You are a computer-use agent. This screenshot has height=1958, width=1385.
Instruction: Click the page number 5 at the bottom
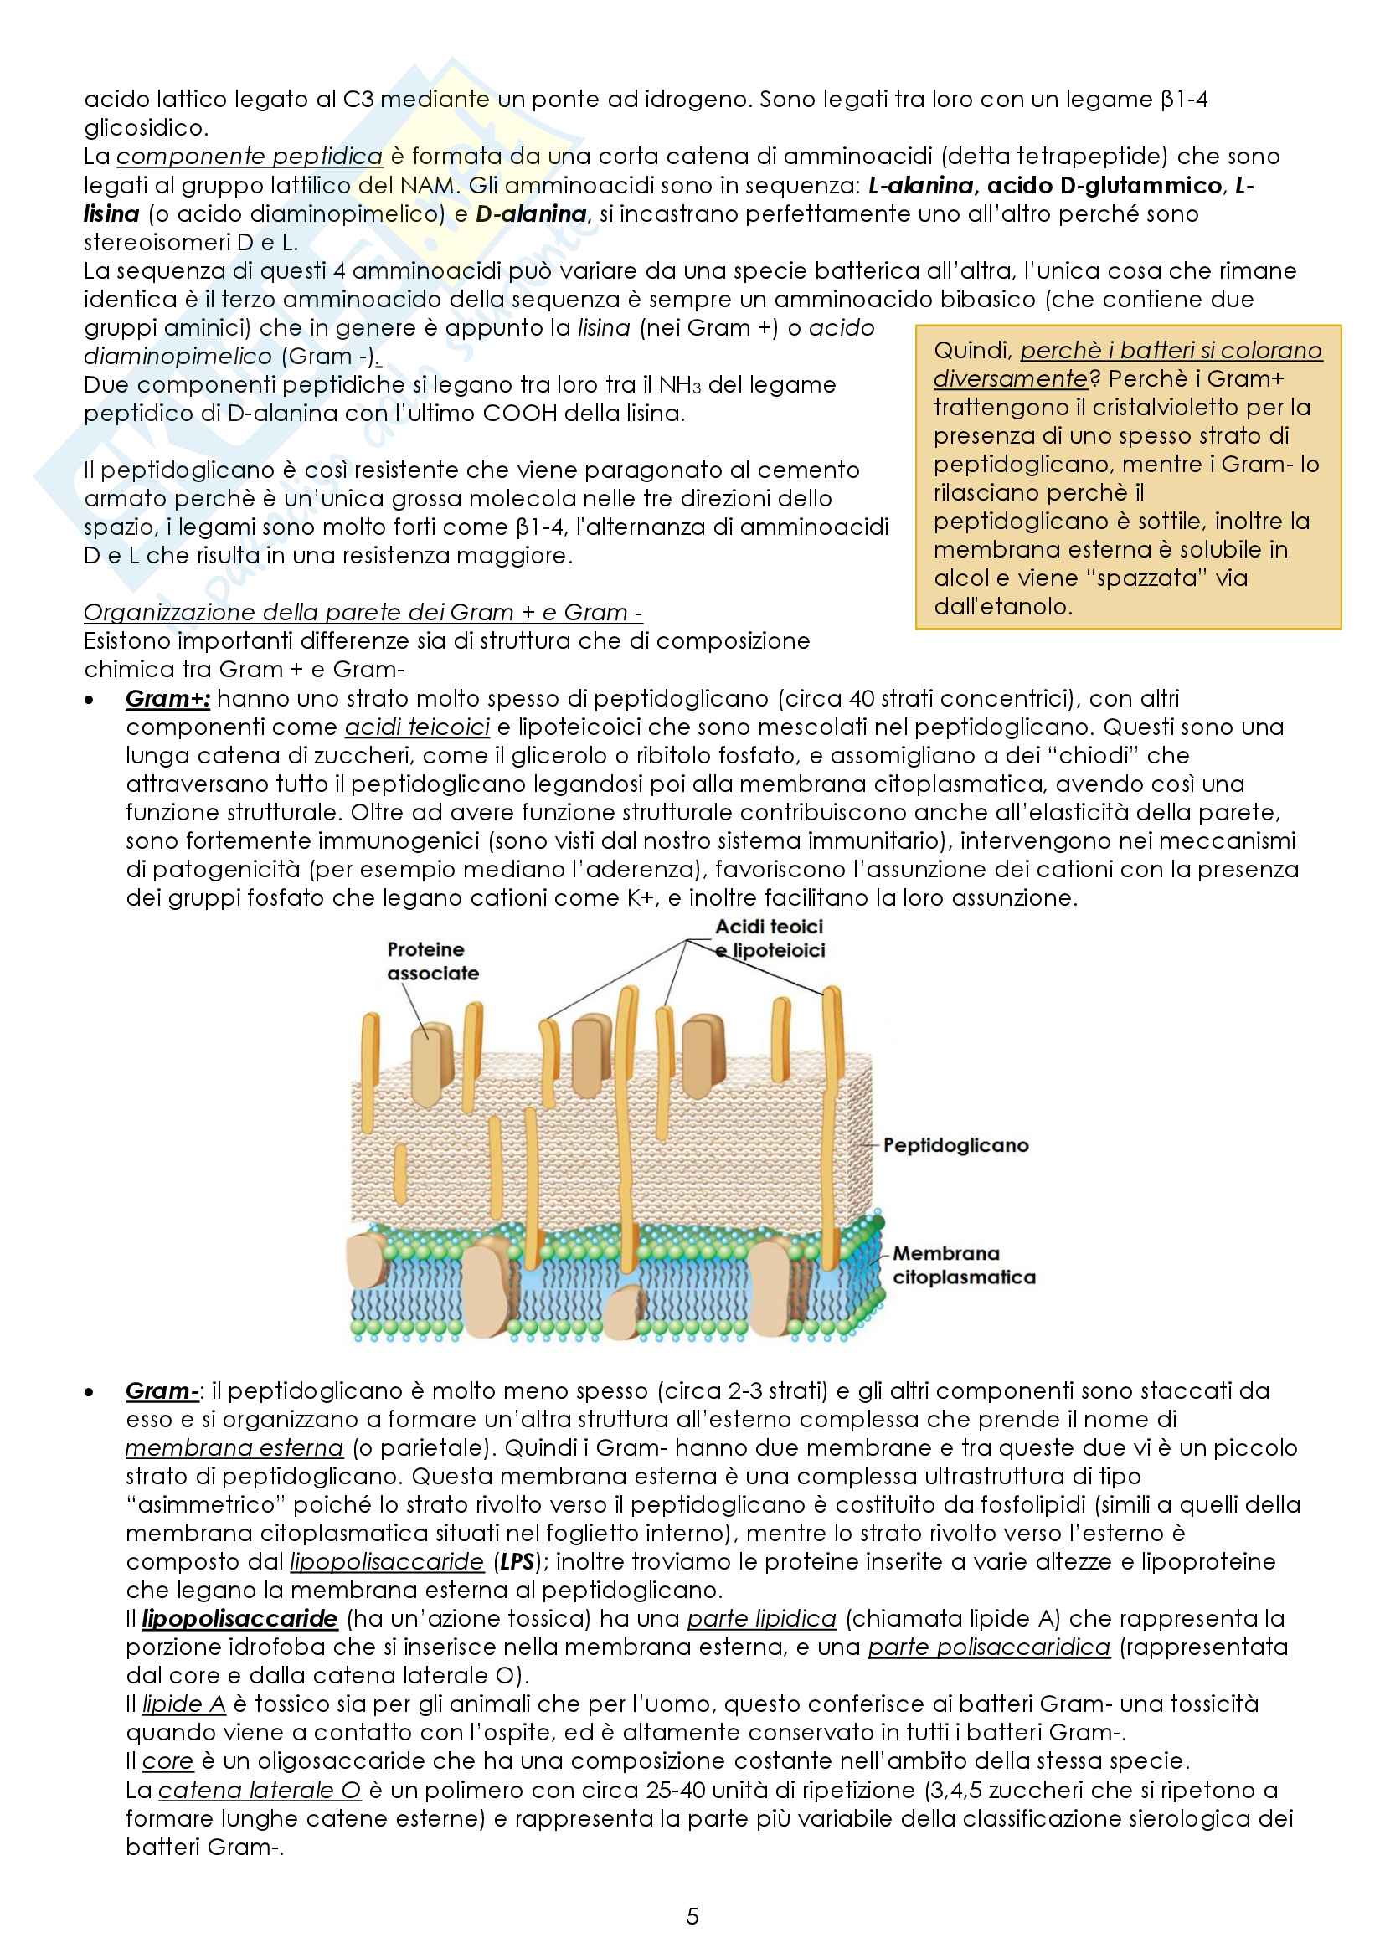[x=692, y=1916]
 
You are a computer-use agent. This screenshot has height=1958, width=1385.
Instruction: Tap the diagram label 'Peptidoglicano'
[x=955, y=1145]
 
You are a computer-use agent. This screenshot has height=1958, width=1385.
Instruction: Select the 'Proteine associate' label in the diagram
[x=432, y=961]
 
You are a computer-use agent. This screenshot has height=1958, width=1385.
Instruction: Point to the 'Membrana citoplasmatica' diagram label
[x=963, y=1265]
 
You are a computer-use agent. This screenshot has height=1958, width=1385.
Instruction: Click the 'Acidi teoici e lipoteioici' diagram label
[x=770, y=938]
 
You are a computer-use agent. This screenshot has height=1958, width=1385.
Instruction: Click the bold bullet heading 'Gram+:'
[x=167, y=698]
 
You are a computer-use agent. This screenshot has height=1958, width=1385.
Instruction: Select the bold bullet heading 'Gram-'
[x=161, y=1391]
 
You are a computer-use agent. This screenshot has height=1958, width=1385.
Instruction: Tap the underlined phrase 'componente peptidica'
[x=249, y=156]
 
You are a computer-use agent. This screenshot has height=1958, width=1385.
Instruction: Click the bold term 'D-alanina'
[x=530, y=213]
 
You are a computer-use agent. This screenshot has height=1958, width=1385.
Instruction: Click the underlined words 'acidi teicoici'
[x=417, y=727]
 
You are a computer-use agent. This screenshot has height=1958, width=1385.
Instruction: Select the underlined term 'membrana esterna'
[x=234, y=1448]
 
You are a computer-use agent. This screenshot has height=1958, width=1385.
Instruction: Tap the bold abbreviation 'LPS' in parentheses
[x=517, y=1561]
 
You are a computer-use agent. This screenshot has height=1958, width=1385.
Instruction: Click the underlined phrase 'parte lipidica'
[x=760, y=1619]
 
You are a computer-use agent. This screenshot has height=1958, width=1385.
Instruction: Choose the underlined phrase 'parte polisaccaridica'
[x=988, y=1647]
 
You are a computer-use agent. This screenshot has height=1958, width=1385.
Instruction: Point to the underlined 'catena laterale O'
[x=260, y=1790]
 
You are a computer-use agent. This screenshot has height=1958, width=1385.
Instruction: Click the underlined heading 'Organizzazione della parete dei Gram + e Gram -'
[x=363, y=612]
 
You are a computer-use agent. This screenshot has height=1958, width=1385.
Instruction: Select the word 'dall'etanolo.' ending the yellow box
[x=1002, y=606]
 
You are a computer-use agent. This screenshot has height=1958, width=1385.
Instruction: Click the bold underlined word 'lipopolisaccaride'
[x=239, y=1619]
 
